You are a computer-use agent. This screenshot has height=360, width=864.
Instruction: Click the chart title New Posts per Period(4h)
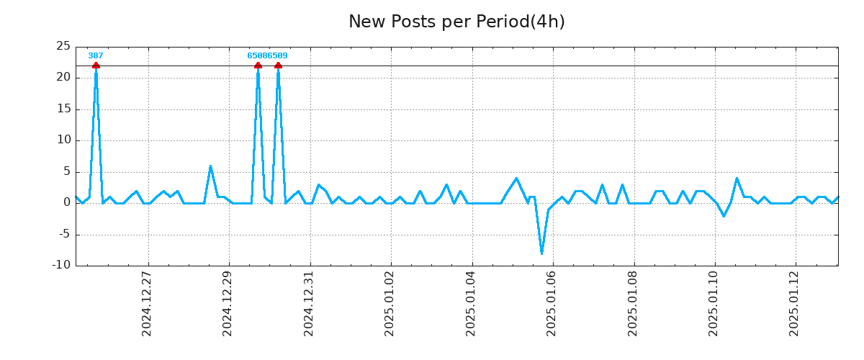pyautogui.click(x=456, y=22)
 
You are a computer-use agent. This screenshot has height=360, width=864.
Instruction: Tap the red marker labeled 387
pyautogui.click(x=96, y=66)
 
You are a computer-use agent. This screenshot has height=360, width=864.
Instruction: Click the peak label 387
pyautogui.click(x=96, y=55)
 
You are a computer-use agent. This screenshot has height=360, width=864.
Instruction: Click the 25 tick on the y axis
pyautogui.click(x=63, y=46)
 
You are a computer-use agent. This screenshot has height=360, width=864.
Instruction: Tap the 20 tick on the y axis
pyautogui.click(x=63, y=78)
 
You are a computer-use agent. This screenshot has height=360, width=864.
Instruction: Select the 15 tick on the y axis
pyautogui.click(x=63, y=109)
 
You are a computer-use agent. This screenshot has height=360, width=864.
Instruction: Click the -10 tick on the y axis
pyautogui.click(x=61, y=265)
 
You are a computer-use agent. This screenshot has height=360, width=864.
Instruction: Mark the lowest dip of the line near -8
pyautogui.click(x=541, y=253)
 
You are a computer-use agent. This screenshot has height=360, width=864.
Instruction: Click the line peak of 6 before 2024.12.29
pyautogui.click(x=210, y=166)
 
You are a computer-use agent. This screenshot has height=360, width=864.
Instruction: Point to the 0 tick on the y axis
pyautogui.click(x=66, y=203)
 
